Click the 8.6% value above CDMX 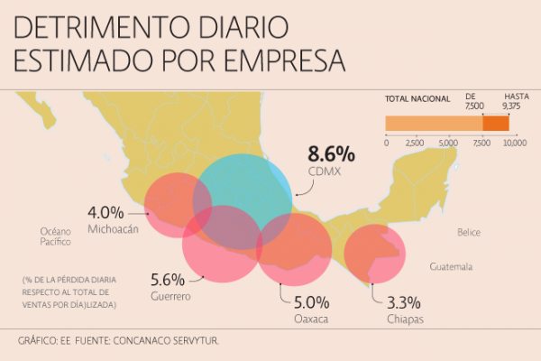coord(332,153)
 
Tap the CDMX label coord(332,171)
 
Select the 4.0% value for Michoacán coord(105,213)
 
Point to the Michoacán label coord(114,229)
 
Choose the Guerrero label coord(170,295)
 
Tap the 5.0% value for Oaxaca coord(311,302)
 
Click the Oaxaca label coord(311,319)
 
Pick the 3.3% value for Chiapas coord(404,302)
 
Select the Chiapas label coord(405,319)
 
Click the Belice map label coord(468,232)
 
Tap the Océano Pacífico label coord(55,236)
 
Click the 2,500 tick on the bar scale coord(415,143)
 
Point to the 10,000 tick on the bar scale coord(513,143)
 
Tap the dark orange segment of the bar coord(496,124)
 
